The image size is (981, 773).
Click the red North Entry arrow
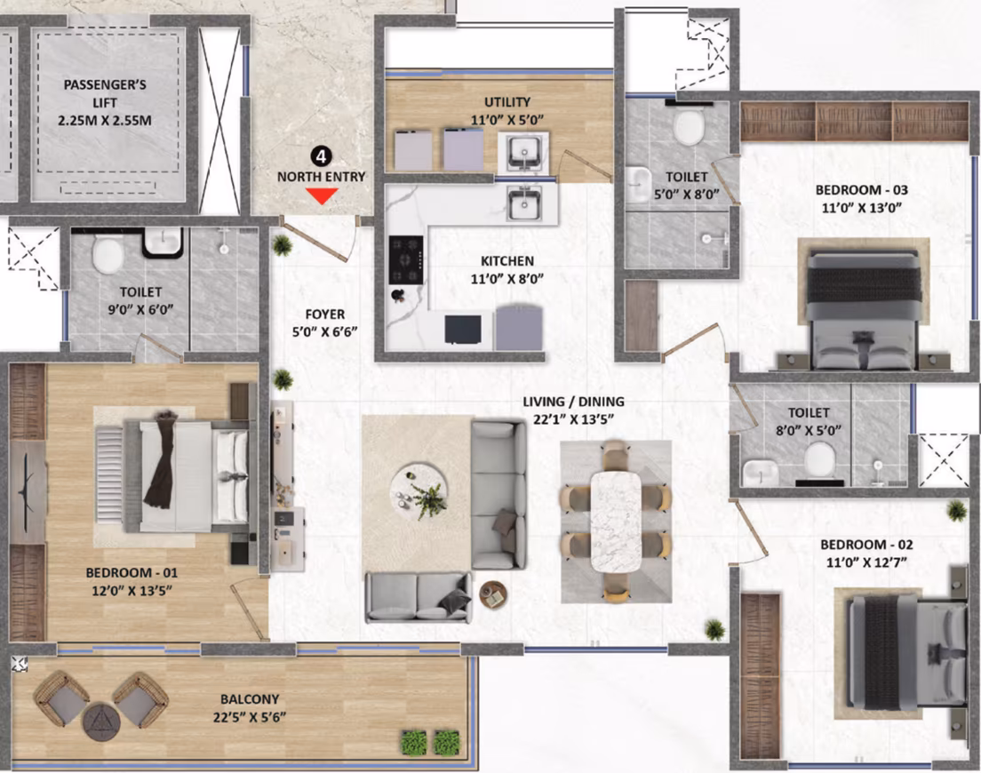tap(322, 197)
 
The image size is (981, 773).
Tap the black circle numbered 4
tap(322, 156)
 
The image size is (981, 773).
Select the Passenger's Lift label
tap(105, 93)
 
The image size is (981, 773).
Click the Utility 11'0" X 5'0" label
tap(507, 111)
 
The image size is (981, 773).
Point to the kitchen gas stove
tap(406, 259)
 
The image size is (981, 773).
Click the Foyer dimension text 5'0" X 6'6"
tap(324, 331)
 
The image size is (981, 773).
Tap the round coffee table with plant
tap(419, 491)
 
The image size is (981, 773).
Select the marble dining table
tap(617, 521)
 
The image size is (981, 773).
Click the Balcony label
tap(250, 699)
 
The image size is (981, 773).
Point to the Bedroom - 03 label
tap(862, 189)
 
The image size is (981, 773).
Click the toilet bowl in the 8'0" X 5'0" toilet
tap(819, 460)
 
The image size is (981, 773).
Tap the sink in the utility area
tap(523, 153)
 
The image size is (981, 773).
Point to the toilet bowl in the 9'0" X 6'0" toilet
tap(108, 254)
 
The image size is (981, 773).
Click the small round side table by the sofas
tap(493, 594)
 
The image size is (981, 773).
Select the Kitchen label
tap(507, 261)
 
